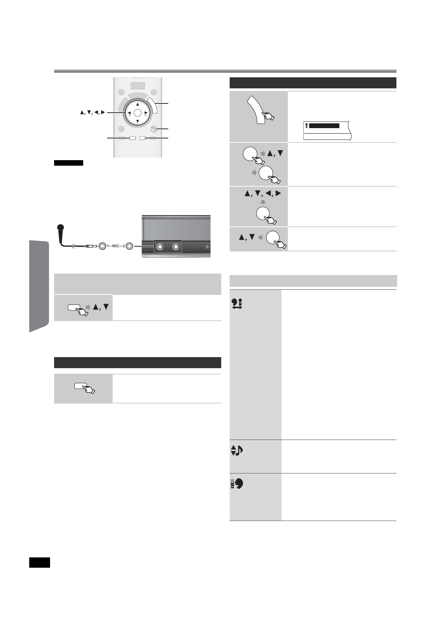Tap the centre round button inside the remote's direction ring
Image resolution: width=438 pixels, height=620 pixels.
coord(137,113)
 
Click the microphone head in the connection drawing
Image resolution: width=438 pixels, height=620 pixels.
coord(61,228)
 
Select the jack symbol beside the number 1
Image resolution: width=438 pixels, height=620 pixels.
coord(102,246)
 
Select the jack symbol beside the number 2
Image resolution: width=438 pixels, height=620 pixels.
coord(129,246)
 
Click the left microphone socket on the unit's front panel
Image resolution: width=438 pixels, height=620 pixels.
coord(160,247)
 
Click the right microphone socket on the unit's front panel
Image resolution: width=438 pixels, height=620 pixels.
coord(176,247)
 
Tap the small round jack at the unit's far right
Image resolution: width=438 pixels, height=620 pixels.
coord(207,247)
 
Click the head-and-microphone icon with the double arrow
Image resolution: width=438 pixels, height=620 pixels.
coord(237,303)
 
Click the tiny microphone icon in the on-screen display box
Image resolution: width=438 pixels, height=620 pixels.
coord(306,126)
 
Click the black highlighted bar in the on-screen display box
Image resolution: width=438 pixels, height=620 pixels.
coord(324,126)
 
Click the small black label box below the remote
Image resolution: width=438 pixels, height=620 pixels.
coord(69,163)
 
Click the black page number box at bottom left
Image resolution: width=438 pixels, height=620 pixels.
coord(39,563)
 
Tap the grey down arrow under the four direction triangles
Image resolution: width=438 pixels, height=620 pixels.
coord(262,202)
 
